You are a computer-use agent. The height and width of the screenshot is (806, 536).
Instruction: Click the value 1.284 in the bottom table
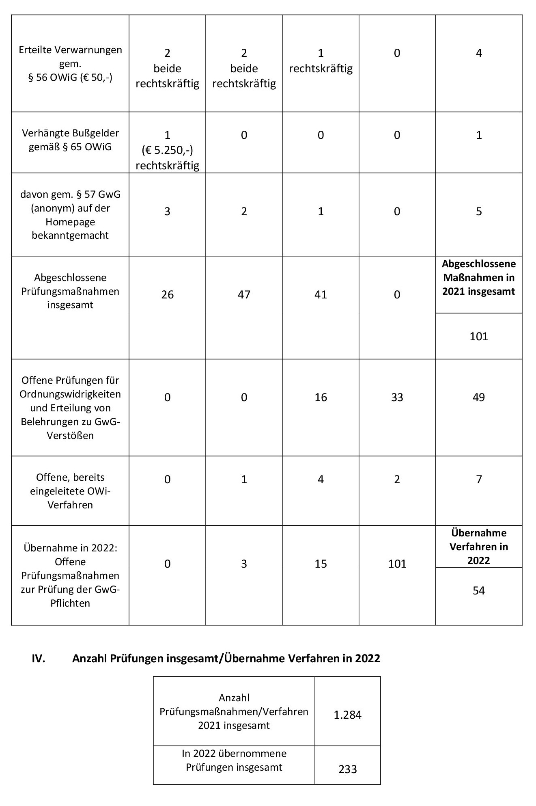347,715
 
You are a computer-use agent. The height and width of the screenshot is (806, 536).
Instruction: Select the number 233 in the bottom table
347,769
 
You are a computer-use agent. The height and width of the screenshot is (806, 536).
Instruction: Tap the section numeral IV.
39,658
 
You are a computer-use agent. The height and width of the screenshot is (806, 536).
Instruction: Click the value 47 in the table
244,294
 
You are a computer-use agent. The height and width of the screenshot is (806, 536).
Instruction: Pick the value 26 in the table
167,294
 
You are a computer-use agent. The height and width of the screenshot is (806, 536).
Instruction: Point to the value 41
321,294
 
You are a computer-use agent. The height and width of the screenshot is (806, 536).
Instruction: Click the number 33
397,397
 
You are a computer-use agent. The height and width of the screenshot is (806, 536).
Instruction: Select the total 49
479,397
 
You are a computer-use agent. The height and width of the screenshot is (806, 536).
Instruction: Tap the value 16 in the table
321,397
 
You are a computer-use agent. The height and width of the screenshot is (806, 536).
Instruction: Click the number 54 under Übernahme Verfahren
479,590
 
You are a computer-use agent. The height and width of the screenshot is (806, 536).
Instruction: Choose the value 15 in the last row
321,564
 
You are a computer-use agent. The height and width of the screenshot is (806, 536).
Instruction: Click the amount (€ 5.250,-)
167,150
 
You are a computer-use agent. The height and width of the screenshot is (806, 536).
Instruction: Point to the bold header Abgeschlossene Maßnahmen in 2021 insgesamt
479,278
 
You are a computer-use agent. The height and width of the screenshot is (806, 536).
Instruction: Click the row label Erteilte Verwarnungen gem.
70,56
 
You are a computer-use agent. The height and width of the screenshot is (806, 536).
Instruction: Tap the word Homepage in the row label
70,222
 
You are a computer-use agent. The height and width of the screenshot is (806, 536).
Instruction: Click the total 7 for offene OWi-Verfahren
479,480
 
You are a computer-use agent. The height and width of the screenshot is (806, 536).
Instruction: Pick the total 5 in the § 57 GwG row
479,212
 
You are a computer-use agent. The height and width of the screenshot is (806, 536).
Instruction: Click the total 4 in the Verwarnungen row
479,53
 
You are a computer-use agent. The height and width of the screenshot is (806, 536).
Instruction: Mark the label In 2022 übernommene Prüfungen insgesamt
234,760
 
